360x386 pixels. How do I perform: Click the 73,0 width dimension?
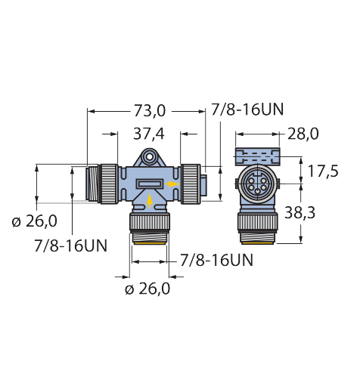coord(148,111)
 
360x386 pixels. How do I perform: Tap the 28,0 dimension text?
coord(303,134)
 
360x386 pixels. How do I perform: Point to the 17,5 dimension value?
coord(323,171)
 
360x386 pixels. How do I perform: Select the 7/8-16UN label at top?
coord(248,110)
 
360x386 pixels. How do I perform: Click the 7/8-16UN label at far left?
coord(70,245)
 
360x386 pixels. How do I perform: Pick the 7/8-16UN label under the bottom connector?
coord(216,261)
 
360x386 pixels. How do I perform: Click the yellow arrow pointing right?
coord(174,184)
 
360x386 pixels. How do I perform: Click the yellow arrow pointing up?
coord(149,199)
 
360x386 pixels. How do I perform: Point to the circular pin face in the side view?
coord(255,184)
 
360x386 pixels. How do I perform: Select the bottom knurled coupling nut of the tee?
coord(149,224)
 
